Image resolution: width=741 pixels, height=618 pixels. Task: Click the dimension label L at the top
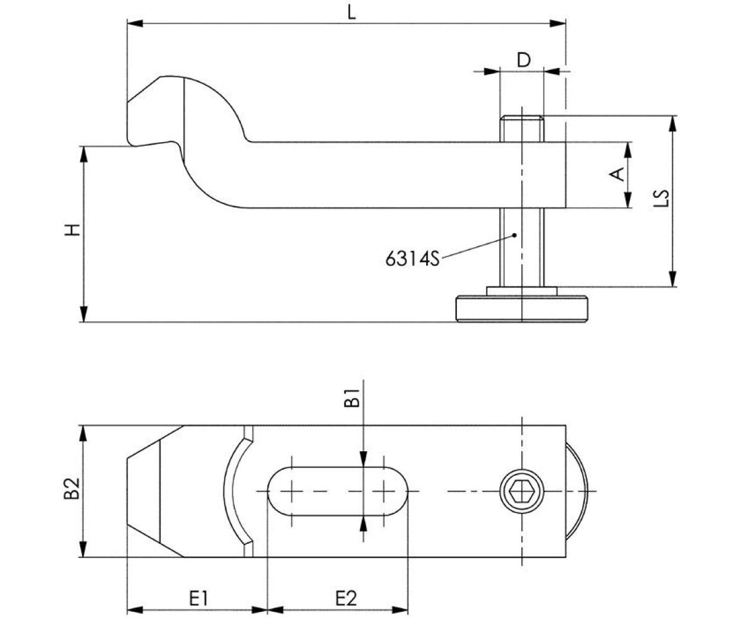(x=351, y=12)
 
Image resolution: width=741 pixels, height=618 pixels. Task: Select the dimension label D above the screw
(x=523, y=60)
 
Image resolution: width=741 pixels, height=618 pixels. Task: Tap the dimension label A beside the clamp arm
(x=616, y=175)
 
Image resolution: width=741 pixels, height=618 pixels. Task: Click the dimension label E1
(x=198, y=598)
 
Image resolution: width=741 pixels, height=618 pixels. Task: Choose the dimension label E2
(x=346, y=598)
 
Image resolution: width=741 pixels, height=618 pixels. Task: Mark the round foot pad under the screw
(x=521, y=309)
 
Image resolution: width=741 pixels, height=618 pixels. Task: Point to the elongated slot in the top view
(x=337, y=492)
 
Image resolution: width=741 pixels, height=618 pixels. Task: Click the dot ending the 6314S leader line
(x=514, y=234)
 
